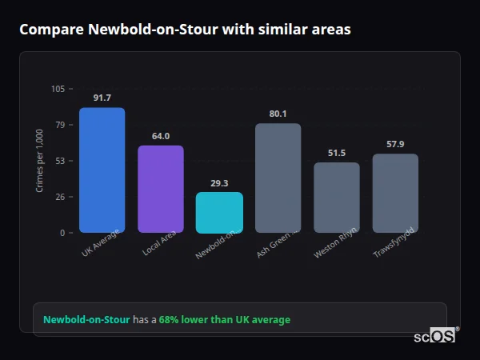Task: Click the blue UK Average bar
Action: [x=102, y=170]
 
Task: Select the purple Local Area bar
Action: [x=161, y=189]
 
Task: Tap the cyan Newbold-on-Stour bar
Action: [x=219, y=212]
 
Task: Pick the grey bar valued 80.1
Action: [x=278, y=178]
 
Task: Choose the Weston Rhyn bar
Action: [x=337, y=197]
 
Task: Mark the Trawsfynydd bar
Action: [x=395, y=193]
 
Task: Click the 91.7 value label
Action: [x=102, y=98]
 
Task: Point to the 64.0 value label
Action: [x=161, y=136]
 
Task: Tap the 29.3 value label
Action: [x=219, y=183]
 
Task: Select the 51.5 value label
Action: [x=337, y=153]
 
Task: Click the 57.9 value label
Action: [x=395, y=144]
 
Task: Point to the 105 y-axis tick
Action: [x=58, y=89]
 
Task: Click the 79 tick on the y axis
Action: [x=60, y=125]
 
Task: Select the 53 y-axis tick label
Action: [x=60, y=161]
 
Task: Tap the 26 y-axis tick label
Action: [x=60, y=197]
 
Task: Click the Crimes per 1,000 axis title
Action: [x=40, y=161]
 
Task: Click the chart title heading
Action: [x=185, y=30]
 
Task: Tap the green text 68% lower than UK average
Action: [x=224, y=320]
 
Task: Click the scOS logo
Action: [x=435, y=336]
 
